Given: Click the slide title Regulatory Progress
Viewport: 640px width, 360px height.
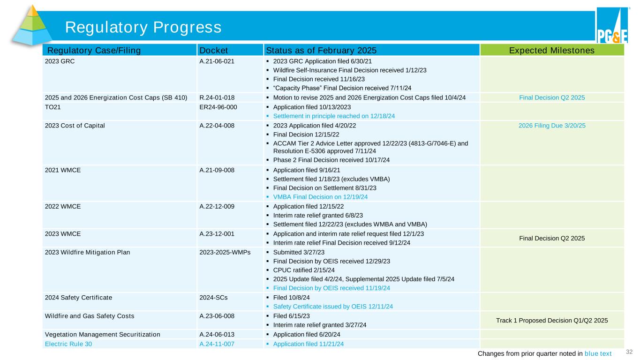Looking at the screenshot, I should click(143, 27).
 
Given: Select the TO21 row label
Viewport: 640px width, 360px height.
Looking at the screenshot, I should click(52, 107).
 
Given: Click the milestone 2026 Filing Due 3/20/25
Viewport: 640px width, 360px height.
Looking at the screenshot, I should click(552, 125).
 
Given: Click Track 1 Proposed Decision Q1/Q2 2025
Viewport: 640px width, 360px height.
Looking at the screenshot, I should click(552, 320).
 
